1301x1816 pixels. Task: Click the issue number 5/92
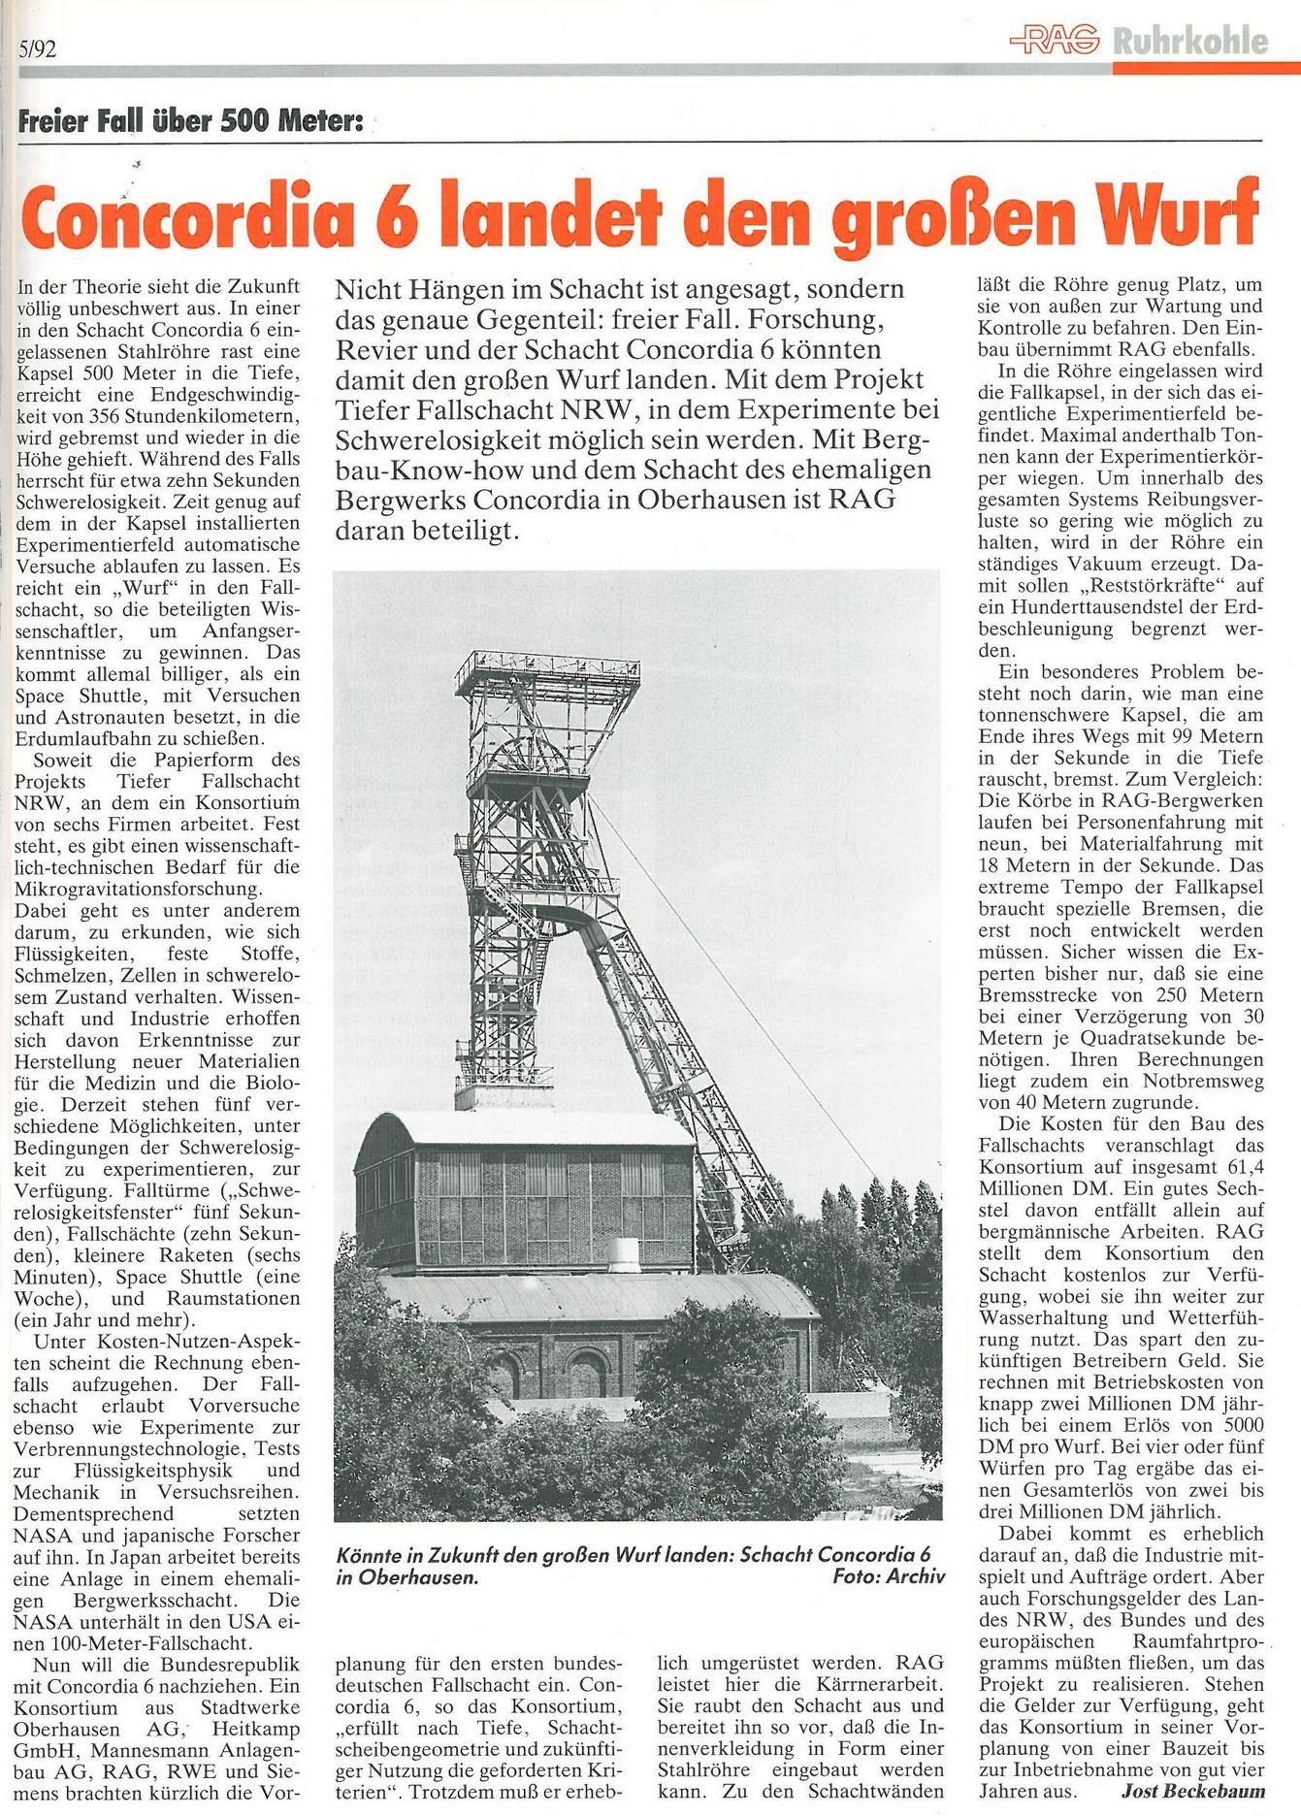coord(37,49)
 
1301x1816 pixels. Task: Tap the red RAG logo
coord(1054,40)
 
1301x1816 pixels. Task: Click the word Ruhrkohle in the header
coord(1190,42)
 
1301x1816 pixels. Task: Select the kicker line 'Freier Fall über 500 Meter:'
coord(190,122)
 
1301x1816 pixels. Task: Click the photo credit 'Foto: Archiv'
coord(888,1575)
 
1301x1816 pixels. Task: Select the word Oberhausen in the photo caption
coord(406,1576)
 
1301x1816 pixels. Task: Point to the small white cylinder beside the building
coord(623,1254)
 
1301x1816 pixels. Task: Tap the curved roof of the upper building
coord(524,1128)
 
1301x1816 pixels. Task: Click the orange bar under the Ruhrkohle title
coord(1206,69)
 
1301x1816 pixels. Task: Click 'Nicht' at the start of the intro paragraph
coord(368,289)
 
